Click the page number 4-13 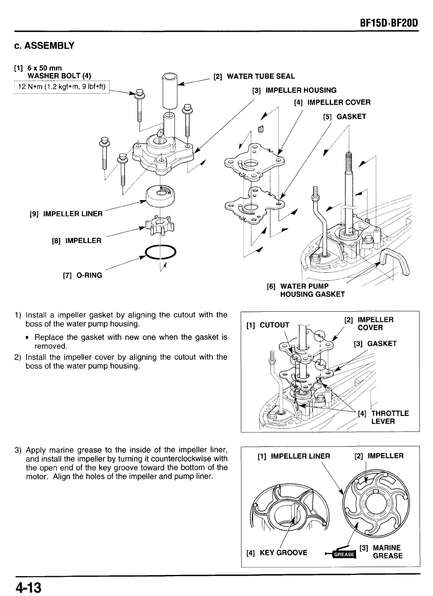pos(29,586)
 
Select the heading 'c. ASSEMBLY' pos(44,46)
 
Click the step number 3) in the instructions pos(18,450)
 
